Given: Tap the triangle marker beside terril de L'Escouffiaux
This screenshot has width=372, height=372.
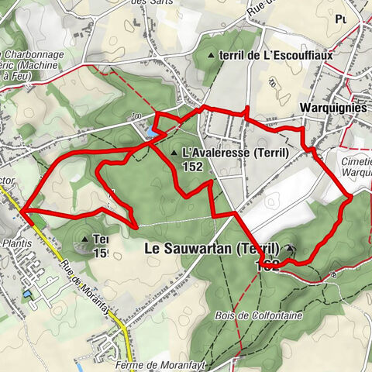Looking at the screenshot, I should point(212,56).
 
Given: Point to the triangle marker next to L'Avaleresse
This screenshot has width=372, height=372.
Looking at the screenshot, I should point(174,153).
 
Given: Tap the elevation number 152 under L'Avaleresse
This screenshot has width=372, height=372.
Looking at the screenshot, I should point(193,166).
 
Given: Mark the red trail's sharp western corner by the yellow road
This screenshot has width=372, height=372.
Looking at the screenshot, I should point(21,210).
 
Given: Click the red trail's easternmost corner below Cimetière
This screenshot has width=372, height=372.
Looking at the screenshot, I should point(350,197).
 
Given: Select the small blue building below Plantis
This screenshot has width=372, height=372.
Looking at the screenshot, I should point(28,295).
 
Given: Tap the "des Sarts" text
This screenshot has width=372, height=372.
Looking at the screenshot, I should point(150,3).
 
